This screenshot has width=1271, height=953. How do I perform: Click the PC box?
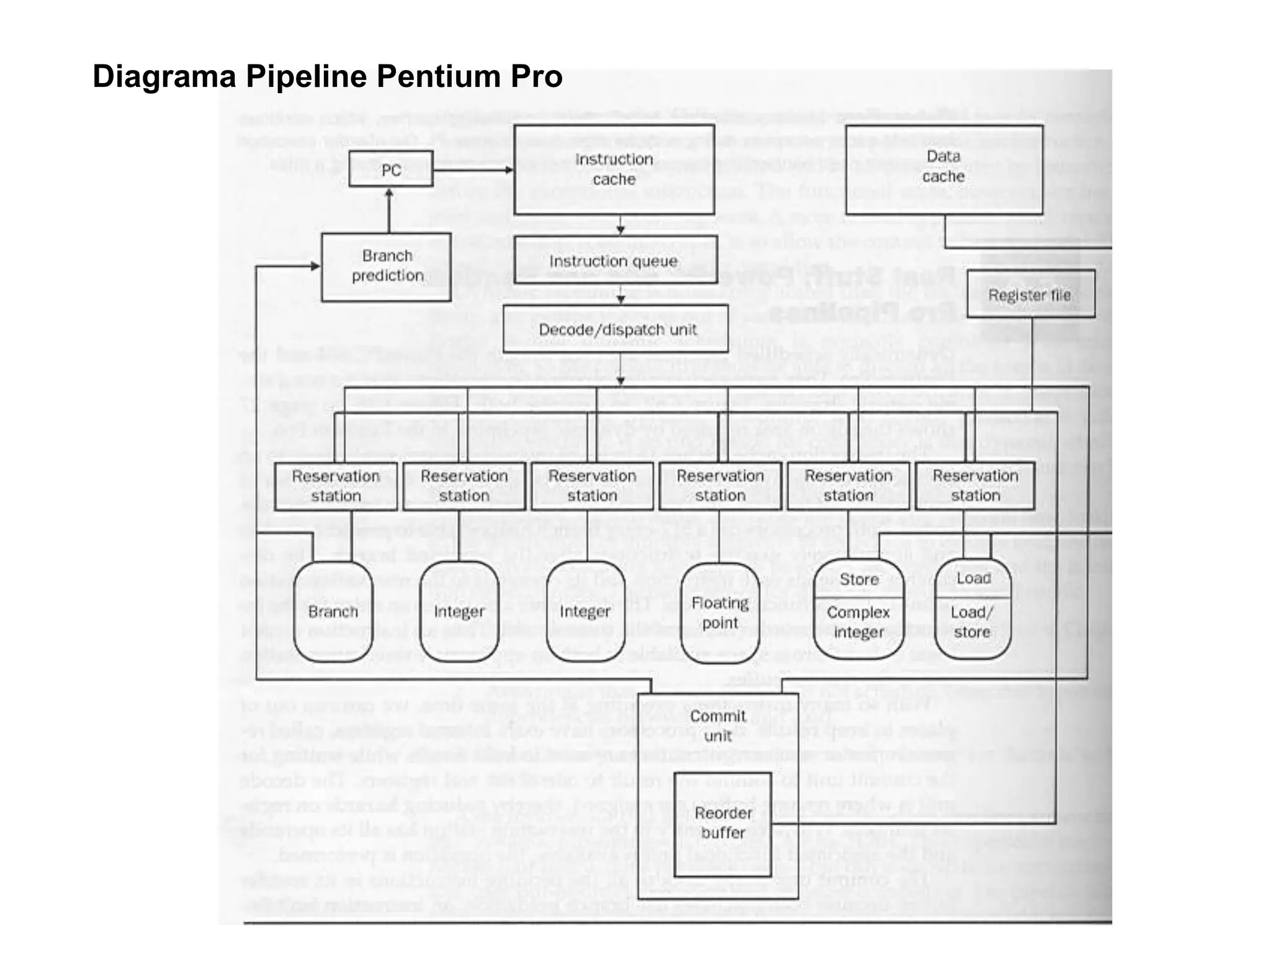tap(390, 169)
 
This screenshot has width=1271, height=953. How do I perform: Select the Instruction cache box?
tap(614, 169)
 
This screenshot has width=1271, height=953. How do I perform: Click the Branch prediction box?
tap(387, 266)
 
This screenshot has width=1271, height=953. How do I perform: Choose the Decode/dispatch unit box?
tap(617, 329)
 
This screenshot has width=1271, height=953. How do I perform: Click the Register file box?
tap(1030, 295)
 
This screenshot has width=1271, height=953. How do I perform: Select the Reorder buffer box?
tap(723, 823)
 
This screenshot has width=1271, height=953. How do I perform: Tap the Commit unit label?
tap(718, 726)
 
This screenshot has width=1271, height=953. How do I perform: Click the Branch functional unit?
tap(333, 612)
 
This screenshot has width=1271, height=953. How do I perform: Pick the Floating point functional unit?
tap(720, 613)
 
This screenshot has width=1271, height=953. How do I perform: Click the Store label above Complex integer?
tap(859, 579)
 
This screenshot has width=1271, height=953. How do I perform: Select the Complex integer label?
tap(858, 622)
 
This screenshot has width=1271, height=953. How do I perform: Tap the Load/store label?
tap(972, 622)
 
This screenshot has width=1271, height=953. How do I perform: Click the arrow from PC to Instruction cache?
tap(474, 169)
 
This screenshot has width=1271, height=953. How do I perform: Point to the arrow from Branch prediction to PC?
tap(389, 210)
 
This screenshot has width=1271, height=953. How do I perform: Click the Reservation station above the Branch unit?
tap(336, 486)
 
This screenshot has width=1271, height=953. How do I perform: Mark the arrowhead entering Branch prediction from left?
tap(315, 266)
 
